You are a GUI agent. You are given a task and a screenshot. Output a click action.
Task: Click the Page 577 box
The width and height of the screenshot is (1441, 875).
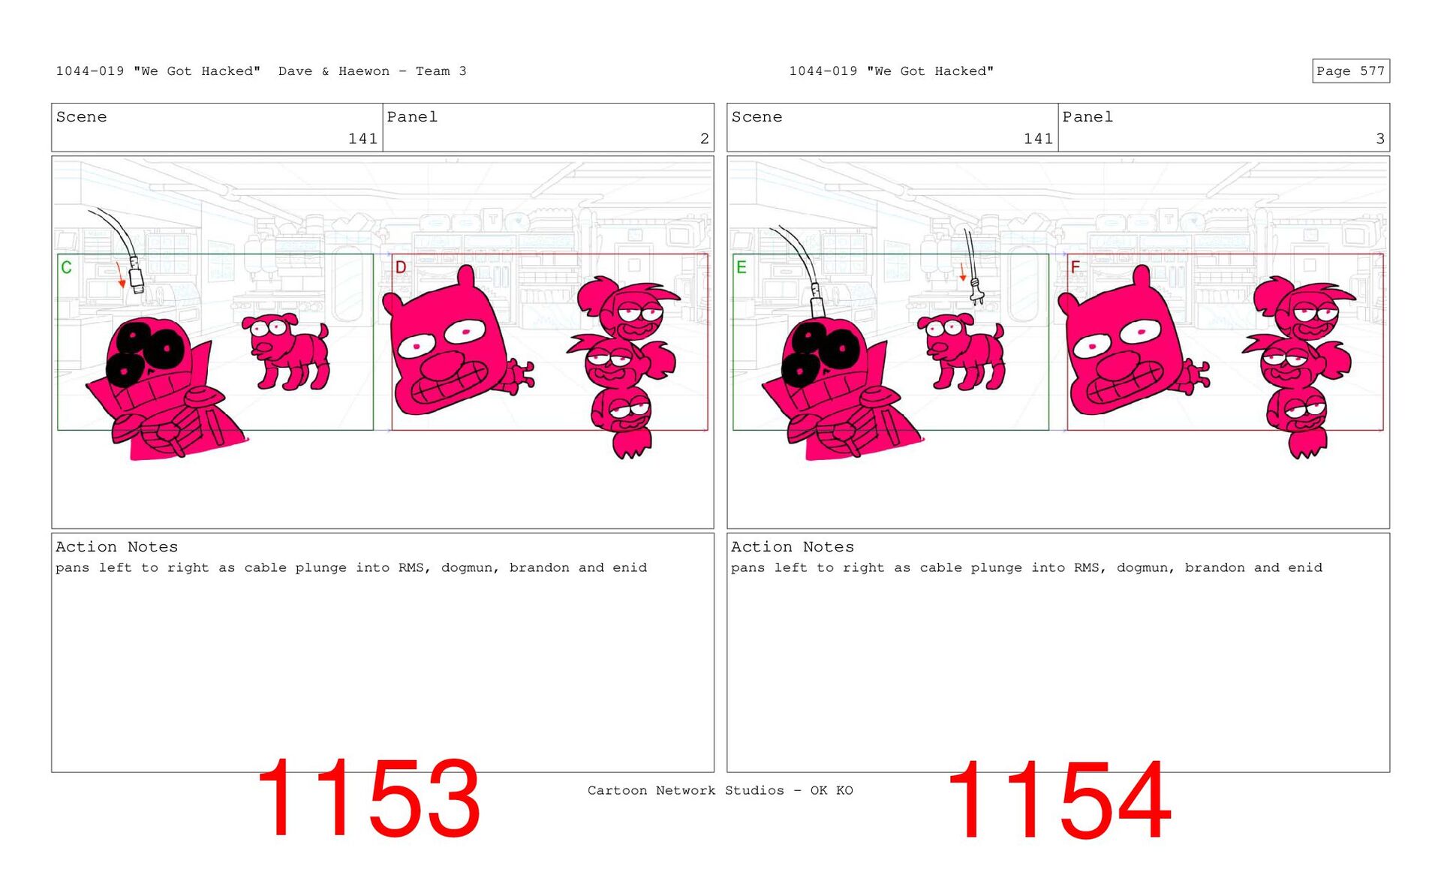pos(1350,71)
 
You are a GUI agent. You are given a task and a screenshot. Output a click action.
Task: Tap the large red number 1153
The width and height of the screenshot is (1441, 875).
pos(368,798)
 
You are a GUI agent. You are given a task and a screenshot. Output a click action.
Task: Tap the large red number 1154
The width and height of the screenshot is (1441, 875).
pos(1058,800)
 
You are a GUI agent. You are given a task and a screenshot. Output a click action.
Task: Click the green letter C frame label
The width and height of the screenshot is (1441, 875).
pos(66,267)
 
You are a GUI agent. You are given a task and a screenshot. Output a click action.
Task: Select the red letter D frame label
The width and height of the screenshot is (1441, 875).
pos(401,267)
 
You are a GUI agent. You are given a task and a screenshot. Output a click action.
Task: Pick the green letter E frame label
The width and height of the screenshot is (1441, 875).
pos(742,267)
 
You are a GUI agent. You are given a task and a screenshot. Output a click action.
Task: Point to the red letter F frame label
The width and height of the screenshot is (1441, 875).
pos(1075,267)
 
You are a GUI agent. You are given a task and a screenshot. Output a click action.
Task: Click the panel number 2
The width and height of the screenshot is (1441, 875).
pos(704,138)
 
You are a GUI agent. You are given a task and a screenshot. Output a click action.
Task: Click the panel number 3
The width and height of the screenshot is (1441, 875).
pos(1379,138)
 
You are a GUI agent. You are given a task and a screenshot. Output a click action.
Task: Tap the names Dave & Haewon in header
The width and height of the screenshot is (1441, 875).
pos(334,71)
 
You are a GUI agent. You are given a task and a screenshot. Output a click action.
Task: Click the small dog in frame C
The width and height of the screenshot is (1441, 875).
pos(286,351)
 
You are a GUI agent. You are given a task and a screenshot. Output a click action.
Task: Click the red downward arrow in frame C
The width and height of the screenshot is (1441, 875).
pos(120,275)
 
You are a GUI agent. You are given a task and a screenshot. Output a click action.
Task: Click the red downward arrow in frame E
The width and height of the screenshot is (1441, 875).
pos(963,272)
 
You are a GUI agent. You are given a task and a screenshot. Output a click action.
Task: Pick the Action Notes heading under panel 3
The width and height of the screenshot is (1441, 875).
pos(793,546)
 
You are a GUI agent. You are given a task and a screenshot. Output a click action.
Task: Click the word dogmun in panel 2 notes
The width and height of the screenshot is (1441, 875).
pos(467,568)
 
